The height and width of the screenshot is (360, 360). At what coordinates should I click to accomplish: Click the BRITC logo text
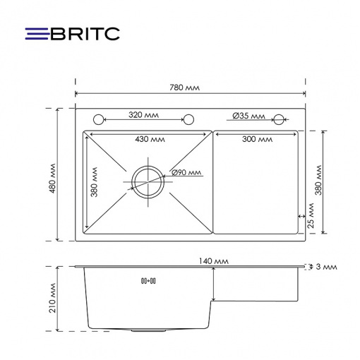pyautogui.click(x=85, y=34)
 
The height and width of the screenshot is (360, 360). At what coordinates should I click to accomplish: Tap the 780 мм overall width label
pyautogui.click(x=184, y=88)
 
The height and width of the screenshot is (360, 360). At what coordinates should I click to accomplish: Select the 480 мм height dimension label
pyautogui.click(x=53, y=178)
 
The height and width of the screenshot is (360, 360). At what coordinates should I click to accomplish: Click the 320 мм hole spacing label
pyautogui.click(x=143, y=115)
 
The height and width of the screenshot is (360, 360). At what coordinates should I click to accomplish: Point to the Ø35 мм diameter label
pyautogui.click(x=248, y=116)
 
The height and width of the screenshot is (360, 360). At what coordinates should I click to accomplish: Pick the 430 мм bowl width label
pyautogui.click(x=150, y=139)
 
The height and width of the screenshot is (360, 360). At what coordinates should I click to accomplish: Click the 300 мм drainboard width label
pyautogui.click(x=257, y=139)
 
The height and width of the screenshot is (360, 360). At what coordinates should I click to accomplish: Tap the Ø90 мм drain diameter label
pyautogui.click(x=186, y=172)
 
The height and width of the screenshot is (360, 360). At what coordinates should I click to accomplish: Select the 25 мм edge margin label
pyautogui.click(x=311, y=215)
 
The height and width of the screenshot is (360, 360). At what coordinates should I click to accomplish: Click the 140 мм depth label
pyautogui.click(x=214, y=261)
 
